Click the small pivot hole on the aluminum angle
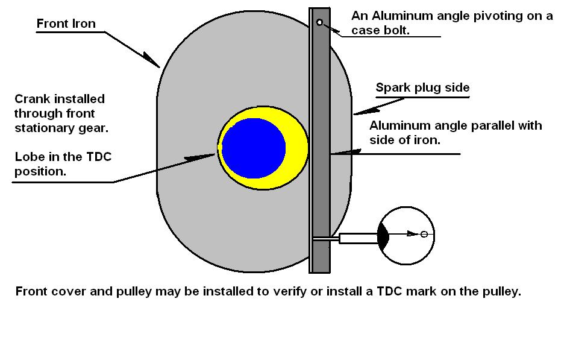[x=319, y=23]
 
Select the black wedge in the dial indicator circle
[x=383, y=235]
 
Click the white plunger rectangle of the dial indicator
[x=357, y=238]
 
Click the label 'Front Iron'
[x=66, y=24]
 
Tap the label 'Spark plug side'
[x=422, y=87]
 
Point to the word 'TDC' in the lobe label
[x=98, y=157]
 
